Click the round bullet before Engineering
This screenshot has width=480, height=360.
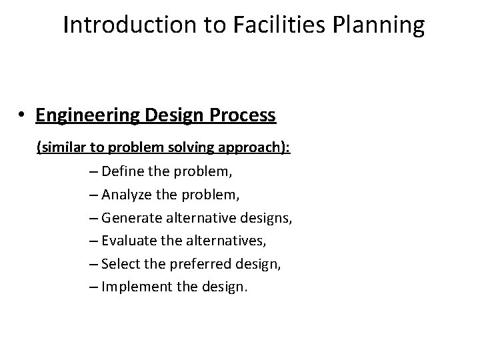[23, 116]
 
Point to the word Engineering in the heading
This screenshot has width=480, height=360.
[88, 115]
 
